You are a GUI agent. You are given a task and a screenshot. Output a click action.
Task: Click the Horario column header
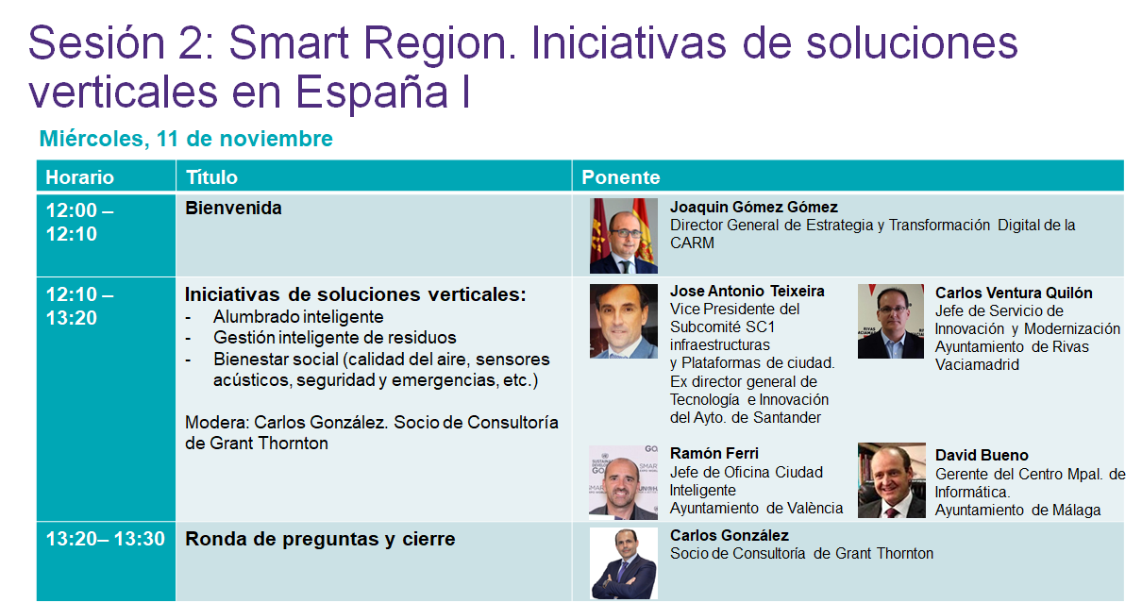coord(79,177)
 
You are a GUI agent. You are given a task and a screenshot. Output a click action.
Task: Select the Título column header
coord(211,177)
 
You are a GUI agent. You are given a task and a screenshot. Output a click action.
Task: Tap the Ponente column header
coord(620,177)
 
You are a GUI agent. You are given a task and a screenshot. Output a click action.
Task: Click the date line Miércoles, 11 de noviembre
coord(186,139)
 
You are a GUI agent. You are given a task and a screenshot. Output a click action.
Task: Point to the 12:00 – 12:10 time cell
coord(79,223)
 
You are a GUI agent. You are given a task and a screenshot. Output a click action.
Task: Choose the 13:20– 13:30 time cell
coord(106,539)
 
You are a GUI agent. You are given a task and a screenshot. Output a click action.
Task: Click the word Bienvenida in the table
coord(233,208)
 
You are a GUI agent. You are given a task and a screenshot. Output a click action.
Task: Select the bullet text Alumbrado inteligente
coord(298,316)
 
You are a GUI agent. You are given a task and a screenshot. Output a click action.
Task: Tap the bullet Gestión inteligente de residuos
coord(335,338)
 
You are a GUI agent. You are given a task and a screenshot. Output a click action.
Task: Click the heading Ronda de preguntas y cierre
coord(320,539)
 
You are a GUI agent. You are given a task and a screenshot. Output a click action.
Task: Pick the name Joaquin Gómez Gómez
coord(754,207)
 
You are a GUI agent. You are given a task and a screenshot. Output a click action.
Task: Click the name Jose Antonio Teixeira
coord(747,291)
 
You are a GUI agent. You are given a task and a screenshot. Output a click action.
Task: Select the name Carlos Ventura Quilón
coord(1014,293)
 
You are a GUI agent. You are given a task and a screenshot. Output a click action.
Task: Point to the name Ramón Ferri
coord(714,453)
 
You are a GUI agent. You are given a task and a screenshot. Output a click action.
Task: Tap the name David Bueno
coord(982,455)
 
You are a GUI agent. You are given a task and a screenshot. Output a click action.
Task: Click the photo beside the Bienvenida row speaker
coord(624,236)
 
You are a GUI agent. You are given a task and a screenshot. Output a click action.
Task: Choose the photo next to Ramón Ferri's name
coord(623,482)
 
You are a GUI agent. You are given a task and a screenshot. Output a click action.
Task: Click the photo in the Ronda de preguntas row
coord(624,563)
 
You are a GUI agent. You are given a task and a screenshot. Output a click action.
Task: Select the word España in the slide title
coord(372,92)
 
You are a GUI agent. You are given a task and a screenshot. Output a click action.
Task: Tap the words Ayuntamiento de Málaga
coord(1017,511)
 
